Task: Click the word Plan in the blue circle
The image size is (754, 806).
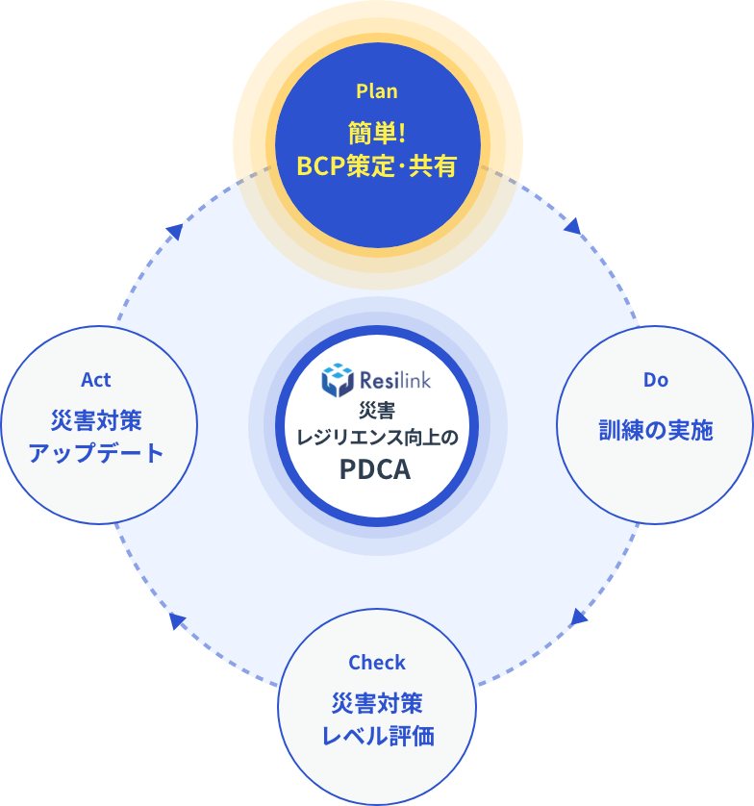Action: click(376, 91)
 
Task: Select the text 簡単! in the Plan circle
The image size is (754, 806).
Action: click(376, 132)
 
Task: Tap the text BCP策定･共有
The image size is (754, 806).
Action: click(376, 165)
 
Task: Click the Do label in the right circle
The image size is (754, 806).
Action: click(655, 380)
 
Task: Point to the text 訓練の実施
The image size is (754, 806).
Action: click(655, 430)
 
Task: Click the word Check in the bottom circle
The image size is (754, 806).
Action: click(376, 663)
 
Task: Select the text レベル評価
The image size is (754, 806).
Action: click(377, 737)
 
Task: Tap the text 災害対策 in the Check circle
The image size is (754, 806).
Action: click(377, 703)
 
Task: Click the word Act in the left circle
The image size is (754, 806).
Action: click(96, 380)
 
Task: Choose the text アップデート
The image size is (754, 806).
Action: click(96, 453)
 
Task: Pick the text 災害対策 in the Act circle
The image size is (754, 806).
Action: click(96, 420)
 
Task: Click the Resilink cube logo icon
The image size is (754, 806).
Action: click(338, 380)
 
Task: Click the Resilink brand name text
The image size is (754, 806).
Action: click(394, 380)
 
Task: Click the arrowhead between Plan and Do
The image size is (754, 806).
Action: click(573, 226)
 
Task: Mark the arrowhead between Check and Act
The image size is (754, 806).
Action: click(177, 620)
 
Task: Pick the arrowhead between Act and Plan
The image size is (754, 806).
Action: click(174, 230)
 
